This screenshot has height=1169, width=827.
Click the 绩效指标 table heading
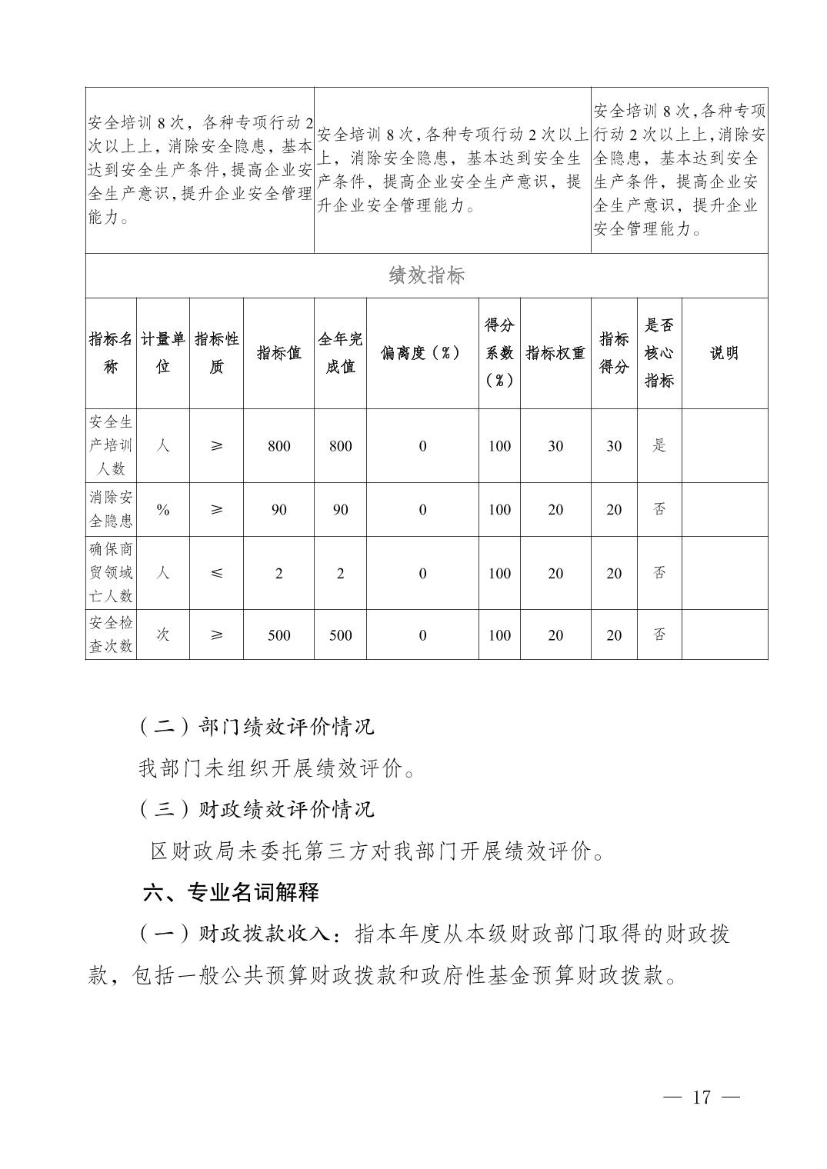pos(426,275)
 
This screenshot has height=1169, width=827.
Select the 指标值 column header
pos(278,353)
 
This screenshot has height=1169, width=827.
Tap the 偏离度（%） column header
pos(422,353)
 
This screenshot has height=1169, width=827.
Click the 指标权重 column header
pos(555,353)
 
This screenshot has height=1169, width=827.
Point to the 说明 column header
pos(724,353)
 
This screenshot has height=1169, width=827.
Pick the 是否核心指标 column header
pos(659,353)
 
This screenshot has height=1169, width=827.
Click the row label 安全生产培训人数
pos(111,445)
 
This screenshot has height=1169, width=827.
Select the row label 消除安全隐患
pos(111,509)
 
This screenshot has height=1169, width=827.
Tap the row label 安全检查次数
pos(111,634)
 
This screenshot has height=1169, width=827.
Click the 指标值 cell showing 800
pos(278,446)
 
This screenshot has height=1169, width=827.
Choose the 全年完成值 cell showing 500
pos(340,635)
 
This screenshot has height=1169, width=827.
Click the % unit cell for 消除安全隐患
pos(163,509)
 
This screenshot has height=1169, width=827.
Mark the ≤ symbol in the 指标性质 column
pos(216,573)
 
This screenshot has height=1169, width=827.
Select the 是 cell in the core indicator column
pos(659,445)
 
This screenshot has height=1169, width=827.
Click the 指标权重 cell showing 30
pos(555,446)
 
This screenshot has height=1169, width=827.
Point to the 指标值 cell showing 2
pos(278,574)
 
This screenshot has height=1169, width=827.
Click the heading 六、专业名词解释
pos(231,892)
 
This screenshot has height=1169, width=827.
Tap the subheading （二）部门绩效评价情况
pos(256,726)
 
